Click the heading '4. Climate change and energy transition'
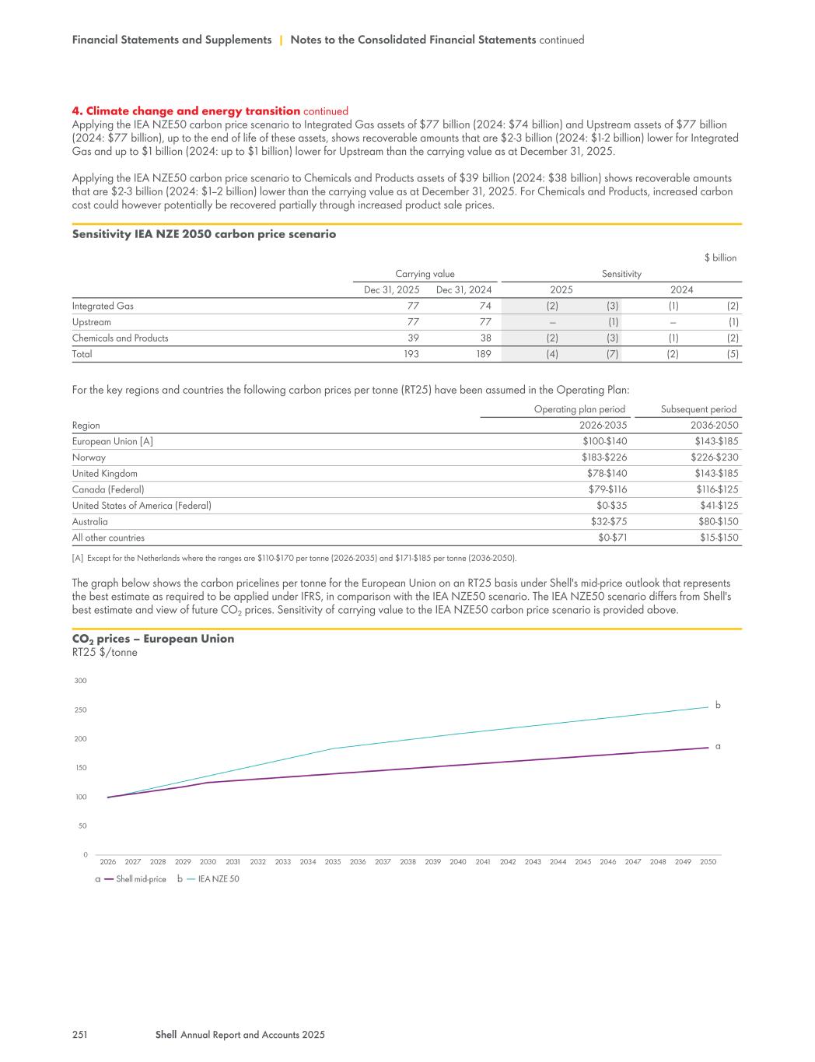click(186, 111)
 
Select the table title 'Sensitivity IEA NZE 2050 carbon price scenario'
click(204, 234)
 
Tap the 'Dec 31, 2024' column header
click(463, 290)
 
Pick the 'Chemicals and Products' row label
click(120, 338)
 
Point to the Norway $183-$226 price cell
click(604, 457)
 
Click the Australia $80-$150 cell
click(716, 522)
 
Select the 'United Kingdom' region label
click(104, 474)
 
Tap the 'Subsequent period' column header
click(698, 409)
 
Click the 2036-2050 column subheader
click(714, 426)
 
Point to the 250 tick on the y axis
click(81, 710)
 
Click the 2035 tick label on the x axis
click(333, 862)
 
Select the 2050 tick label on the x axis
click(708, 862)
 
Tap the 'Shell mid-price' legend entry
click(141, 880)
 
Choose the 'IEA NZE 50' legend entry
click(219, 880)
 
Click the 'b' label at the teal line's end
click(718, 705)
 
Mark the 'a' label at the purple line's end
click(718, 746)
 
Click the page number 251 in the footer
click(79, 1035)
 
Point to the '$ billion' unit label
click(719, 258)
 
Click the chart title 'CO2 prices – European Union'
click(152, 639)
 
